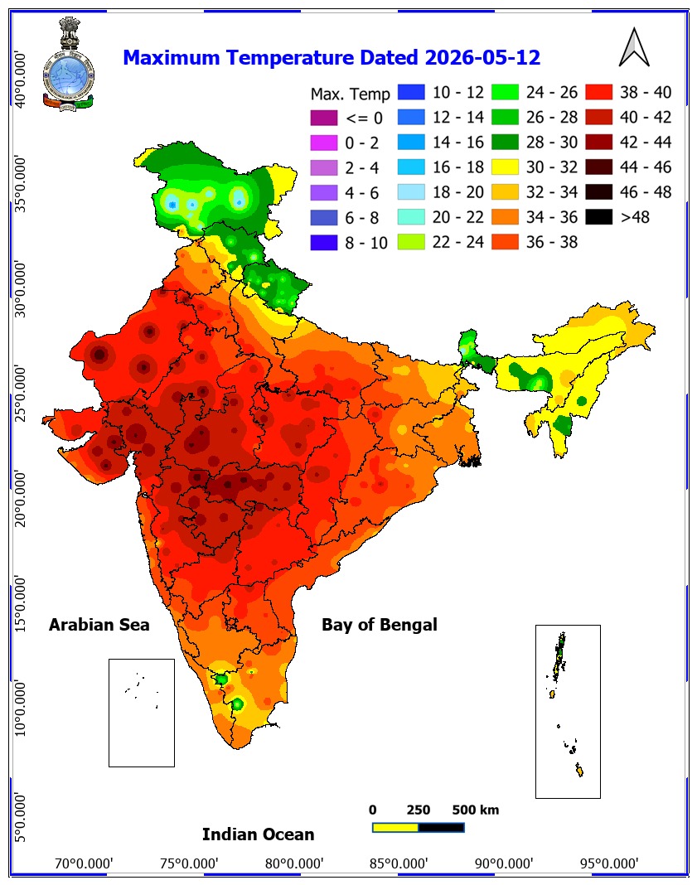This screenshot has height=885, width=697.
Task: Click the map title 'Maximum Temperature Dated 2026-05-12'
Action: point(332,57)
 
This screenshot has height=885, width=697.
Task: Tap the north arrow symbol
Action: point(634,47)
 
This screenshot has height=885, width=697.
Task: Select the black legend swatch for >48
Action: point(599,217)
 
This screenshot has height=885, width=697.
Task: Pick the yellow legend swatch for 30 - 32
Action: point(505,167)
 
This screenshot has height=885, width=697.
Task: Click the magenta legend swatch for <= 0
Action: point(324,118)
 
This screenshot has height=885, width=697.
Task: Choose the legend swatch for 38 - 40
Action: point(599,92)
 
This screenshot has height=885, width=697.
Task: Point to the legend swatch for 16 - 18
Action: point(411,167)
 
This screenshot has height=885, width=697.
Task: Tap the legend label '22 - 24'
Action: point(457,242)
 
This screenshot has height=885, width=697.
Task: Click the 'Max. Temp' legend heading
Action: point(350,94)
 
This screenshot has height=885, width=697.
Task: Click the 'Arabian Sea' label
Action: point(99,625)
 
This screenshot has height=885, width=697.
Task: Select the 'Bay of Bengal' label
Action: point(380,625)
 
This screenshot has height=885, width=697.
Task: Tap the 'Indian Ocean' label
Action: point(258,834)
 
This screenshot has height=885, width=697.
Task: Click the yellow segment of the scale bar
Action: point(395,828)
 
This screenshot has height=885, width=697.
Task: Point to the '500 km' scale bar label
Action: point(475,810)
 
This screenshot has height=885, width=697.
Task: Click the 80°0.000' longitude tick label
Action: point(294,863)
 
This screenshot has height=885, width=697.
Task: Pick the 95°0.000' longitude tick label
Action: point(609,863)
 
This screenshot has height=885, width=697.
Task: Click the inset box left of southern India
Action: point(142,713)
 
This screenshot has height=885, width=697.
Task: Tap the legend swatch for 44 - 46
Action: point(599,167)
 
